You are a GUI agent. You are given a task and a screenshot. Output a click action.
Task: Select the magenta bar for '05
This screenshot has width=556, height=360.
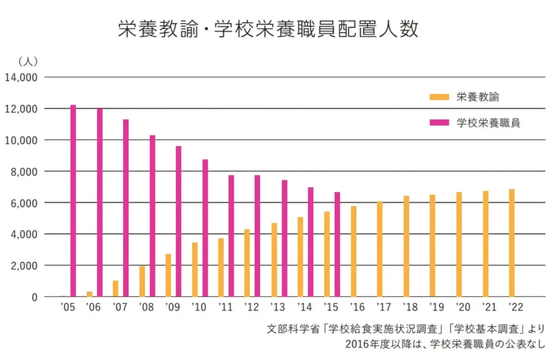point(73,201)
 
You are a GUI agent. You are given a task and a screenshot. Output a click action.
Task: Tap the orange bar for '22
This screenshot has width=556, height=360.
point(511,243)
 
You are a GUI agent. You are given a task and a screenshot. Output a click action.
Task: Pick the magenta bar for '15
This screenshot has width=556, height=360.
point(337,244)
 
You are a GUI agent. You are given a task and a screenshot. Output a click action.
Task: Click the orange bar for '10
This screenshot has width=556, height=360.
point(195,270)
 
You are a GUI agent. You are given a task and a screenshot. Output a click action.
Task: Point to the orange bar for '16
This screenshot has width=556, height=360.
point(354,251)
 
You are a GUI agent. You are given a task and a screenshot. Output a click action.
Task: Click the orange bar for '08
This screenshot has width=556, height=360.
point(142,281)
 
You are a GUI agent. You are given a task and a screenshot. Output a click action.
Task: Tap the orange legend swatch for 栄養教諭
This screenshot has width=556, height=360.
point(439,97)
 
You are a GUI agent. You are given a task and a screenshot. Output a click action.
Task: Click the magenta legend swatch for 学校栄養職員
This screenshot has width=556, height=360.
point(439,123)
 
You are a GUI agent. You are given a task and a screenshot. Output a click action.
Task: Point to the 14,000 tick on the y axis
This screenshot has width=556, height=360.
point(21,78)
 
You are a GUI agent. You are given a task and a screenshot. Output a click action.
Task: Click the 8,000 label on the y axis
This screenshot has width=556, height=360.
point(23,172)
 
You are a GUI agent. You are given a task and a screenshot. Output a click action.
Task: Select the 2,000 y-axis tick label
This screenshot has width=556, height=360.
point(23,266)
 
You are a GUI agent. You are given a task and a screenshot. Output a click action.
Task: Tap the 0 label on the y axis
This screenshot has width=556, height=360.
point(34,298)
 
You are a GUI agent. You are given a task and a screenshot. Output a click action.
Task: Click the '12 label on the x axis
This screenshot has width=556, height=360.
point(252,307)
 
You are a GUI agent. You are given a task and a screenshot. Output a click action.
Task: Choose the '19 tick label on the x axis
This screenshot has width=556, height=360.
point(436,307)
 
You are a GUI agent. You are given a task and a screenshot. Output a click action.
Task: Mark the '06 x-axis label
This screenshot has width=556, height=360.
point(93,307)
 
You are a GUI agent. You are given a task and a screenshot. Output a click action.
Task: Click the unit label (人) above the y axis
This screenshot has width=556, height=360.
point(28,61)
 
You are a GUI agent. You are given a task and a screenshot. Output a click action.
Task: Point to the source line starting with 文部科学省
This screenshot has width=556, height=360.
point(406,330)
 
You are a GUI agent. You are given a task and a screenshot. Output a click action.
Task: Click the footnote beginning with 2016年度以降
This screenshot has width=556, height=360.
point(445,344)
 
